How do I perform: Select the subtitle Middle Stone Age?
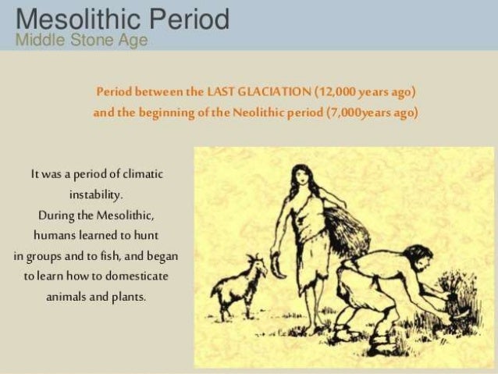pyautogui.click(x=81, y=41)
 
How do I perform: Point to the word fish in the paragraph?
pyautogui.click(x=114, y=255)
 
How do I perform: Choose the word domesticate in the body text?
pyautogui.click(x=136, y=276)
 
